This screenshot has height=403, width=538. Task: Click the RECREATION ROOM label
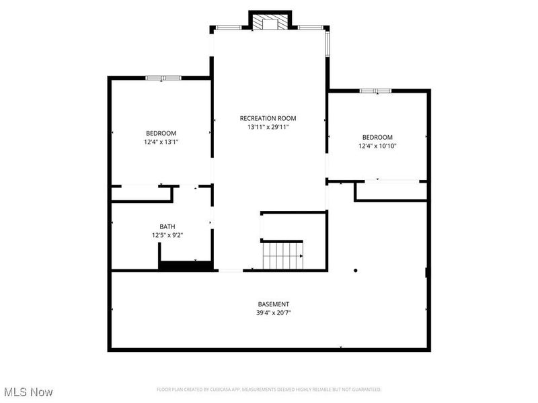268,118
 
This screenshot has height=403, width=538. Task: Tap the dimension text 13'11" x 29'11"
268,127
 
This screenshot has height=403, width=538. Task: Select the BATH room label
167,226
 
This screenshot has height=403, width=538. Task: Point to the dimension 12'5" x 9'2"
167,235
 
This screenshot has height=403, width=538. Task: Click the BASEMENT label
274,304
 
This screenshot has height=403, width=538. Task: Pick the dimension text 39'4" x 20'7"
274,312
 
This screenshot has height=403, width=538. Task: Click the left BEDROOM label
161,133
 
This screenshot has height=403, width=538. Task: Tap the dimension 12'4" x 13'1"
161,142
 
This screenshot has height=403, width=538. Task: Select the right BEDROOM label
377,137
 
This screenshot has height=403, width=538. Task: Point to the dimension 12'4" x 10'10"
377,146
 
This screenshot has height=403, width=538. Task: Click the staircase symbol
282,255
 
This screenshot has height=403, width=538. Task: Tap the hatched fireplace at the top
270,24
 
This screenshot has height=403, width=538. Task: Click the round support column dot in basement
355,271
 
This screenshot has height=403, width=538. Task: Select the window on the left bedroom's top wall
163,78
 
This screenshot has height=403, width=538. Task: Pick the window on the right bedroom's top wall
375,91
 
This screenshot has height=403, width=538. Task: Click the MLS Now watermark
28,392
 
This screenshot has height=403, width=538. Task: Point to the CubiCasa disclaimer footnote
269,389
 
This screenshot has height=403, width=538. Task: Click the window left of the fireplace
229,28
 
